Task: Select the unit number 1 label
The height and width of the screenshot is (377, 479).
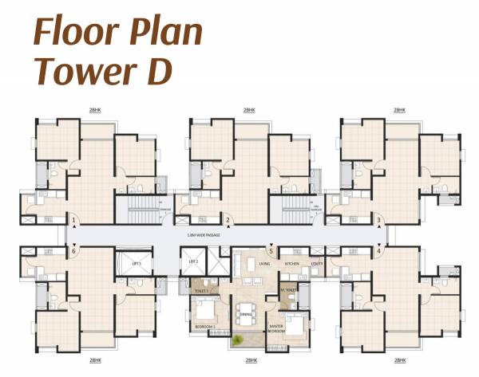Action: pyautogui.click(x=74, y=220)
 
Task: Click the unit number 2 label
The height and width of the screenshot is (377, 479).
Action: pyautogui.click(x=228, y=220)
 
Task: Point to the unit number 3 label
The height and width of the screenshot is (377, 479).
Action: pyautogui.click(x=378, y=220)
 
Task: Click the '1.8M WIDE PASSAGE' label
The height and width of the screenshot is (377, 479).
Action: pyautogui.click(x=225, y=236)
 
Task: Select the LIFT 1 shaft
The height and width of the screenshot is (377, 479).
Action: pyautogui.click(x=136, y=264)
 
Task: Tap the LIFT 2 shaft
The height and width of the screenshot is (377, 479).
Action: pyautogui.click(x=193, y=263)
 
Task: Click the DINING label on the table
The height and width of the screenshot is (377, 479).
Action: pyautogui.click(x=245, y=315)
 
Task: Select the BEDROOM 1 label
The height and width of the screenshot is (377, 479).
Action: pyautogui.click(x=203, y=327)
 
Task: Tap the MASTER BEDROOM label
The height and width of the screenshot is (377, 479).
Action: pyautogui.click(x=276, y=328)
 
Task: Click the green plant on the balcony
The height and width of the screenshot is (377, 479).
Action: pyautogui.click(x=237, y=340)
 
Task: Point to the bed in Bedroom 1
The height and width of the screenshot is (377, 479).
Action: pyautogui.click(x=204, y=310)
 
